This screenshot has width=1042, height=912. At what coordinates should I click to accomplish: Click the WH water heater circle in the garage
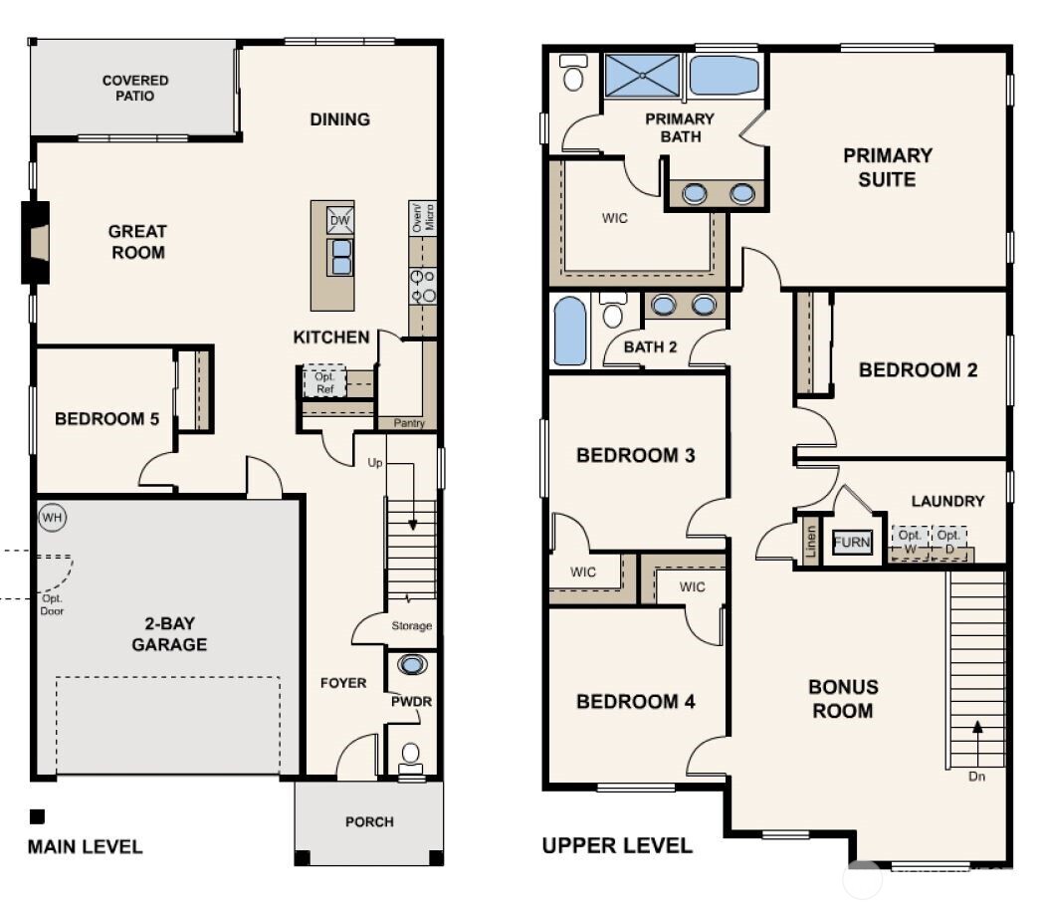point(51,518)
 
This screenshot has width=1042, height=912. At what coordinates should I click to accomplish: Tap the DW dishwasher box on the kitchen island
point(339,220)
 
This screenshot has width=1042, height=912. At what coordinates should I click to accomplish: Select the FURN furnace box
point(852,543)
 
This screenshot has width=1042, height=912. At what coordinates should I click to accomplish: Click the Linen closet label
point(810,543)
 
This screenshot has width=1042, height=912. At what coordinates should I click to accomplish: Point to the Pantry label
point(408,423)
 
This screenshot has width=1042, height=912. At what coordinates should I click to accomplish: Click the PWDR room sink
point(410,664)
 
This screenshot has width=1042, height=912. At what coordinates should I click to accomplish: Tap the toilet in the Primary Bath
point(574,73)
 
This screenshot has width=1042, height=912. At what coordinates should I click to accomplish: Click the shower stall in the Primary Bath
point(642,75)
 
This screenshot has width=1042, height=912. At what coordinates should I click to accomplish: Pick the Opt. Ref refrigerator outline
point(325,381)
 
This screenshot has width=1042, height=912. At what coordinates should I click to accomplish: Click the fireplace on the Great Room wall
point(37,241)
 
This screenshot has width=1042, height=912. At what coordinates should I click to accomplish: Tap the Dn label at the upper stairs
point(976,777)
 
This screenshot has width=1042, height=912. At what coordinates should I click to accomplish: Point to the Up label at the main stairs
point(375,463)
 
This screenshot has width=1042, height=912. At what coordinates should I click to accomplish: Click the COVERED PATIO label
point(135,88)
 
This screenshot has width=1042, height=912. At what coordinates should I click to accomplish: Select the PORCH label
point(369,821)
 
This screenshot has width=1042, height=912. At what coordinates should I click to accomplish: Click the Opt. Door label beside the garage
point(53,604)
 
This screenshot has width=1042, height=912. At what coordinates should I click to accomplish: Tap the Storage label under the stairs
point(411,626)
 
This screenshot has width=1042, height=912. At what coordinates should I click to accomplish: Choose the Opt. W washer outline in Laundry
point(910,541)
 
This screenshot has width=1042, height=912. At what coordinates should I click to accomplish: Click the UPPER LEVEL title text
point(617,846)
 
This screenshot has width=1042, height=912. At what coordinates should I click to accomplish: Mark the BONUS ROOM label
point(842,698)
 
